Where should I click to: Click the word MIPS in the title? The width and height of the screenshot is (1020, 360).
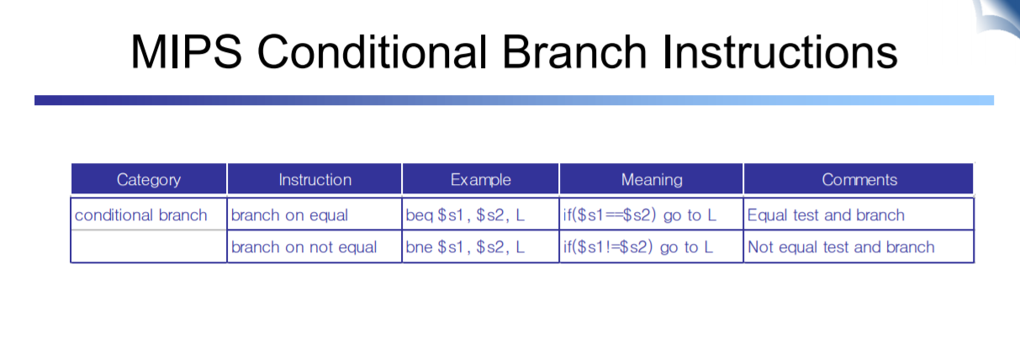tap(186, 51)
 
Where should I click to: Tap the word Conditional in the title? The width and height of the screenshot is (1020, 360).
tap(373, 51)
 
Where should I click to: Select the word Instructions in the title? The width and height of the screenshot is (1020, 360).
tap(780, 51)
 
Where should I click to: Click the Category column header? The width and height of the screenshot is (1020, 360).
tap(149, 179)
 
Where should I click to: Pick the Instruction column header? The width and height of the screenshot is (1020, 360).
tap(315, 179)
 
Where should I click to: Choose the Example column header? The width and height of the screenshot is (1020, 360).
tap(481, 179)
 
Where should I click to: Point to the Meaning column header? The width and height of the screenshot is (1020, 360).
tap(652, 179)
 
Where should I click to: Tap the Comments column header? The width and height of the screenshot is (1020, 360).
tap(859, 179)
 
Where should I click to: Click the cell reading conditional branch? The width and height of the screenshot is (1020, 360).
tap(140, 214)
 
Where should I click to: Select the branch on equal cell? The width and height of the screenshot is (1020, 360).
tap(289, 214)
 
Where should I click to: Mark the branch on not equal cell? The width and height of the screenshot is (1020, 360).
tap(304, 246)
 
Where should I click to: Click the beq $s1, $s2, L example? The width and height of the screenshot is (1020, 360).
tap(465, 214)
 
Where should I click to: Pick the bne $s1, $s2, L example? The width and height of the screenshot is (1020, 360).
tap(465, 246)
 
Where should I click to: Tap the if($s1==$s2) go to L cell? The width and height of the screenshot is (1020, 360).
tap(640, 214)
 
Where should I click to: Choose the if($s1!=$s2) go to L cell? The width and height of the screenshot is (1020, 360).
tap(638, 246)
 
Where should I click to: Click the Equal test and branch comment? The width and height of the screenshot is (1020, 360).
tap(826, 214)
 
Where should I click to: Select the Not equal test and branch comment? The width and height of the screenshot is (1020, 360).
tap(841, 246)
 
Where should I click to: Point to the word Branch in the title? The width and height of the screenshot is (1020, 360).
tap(574, 51)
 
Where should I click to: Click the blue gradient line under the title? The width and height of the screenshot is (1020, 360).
tap(514, 100)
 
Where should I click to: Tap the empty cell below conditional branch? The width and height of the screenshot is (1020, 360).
tap(149, 246)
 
